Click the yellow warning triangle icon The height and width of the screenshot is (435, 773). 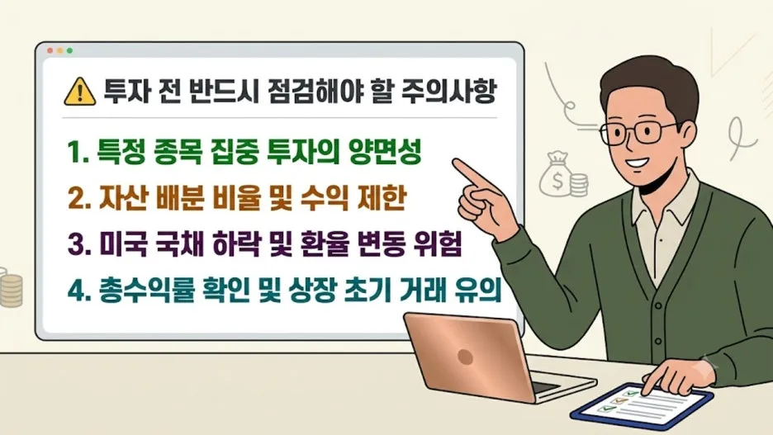80,92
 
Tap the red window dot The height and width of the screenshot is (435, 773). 50,50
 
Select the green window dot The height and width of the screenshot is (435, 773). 69,50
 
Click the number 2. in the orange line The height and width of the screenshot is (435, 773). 79,198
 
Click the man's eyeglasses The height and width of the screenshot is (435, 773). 638,132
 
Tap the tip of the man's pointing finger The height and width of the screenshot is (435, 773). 456,163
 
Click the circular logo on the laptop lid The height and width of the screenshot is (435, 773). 466,357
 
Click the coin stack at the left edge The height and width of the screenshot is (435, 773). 11,290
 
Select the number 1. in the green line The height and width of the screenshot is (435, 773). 78,152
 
